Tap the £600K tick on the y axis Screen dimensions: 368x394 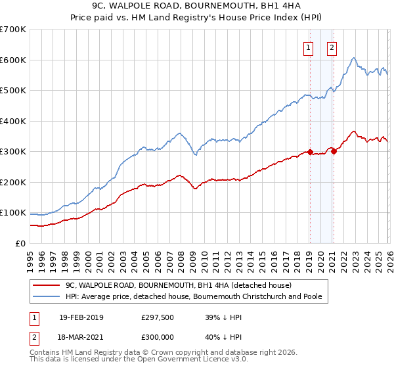coord(13,60)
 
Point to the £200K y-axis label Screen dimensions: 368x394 coord(13,182)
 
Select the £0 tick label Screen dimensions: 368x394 coord(20,243)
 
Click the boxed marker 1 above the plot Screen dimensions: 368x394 coord(309,47)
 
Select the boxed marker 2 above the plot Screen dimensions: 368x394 coord(332,47)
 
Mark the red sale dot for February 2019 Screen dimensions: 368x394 coord(309,152)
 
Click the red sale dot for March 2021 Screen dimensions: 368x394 coord(334,151)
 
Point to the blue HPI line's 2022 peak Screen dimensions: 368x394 coord(353,58)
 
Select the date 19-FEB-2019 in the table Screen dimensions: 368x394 coord(81,317)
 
